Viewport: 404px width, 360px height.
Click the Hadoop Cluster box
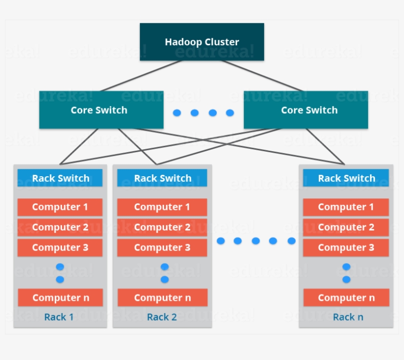[202, 42]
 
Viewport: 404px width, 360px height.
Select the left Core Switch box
[101, 110]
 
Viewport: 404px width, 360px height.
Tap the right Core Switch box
[305, 110]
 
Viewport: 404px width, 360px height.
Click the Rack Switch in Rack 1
[60, 178]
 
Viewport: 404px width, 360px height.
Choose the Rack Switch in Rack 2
[162, 178]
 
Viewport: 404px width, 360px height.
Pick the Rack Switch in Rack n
[346, 178]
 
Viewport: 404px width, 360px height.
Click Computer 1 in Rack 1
[60, 207]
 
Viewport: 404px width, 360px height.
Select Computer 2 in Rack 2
[162, 227]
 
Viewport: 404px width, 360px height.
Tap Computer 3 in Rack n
[346, 247]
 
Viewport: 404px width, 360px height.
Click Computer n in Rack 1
[60, 297]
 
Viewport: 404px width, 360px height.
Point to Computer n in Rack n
[346, 297]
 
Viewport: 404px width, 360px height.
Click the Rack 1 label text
[59, 317]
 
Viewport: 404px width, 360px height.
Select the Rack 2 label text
[162, 317]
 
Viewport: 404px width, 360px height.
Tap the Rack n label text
[348, 317]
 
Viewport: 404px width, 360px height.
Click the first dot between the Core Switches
[177, 113]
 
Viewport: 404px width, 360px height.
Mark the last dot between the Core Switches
[230, 113]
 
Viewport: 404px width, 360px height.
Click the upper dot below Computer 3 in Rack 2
[165, 267]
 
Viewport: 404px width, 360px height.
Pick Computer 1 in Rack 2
[162, 207]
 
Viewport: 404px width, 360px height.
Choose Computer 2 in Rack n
[346, 227]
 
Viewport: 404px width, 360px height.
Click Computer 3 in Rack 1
[60, 247]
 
